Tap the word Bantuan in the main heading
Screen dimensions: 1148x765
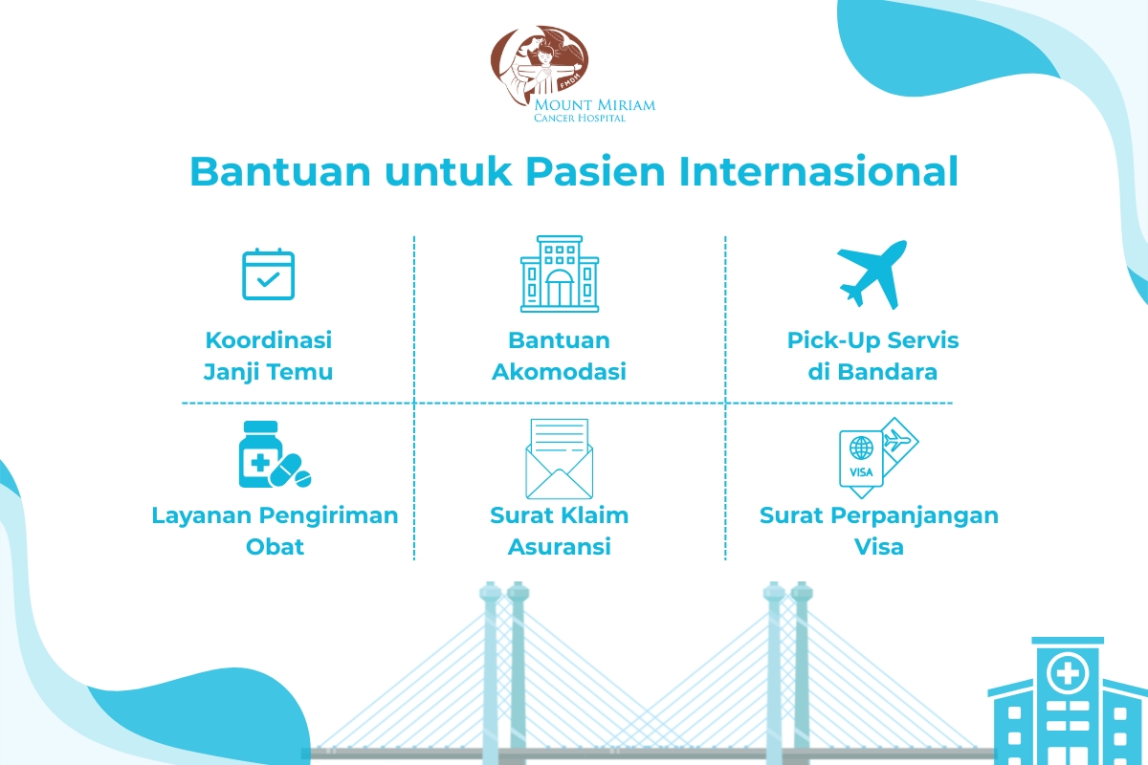(x=280, y=171)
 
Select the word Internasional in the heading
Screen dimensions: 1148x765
(x=819, y=171)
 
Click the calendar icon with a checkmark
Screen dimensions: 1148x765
(x=268, y=274)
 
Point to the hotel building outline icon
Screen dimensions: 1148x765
(x=559, y=273)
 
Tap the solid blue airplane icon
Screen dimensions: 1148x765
(x=872, y=274)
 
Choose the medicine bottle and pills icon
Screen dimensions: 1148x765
(x=275, y=454)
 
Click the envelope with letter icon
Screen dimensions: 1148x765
(x=559, y=459)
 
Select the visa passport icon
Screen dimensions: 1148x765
(x=878, y=457)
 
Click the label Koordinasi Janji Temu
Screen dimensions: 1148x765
(x=268, y=356)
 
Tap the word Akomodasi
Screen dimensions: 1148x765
(x=559, y=372)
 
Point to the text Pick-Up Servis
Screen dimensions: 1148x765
(x=872, y=340)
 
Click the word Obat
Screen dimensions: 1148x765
(x=275, y=547)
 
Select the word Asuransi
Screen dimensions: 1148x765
(x=559, y=547)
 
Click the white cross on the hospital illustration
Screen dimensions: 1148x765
(x=1069, y=673)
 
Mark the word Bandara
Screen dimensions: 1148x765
(x=887, y=372)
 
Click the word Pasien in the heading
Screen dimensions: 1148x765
(x=595, y=171)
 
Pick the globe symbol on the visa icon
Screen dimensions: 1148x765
(x=861, y=448)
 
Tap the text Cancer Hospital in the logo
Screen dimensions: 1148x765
(x=580, y=118)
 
